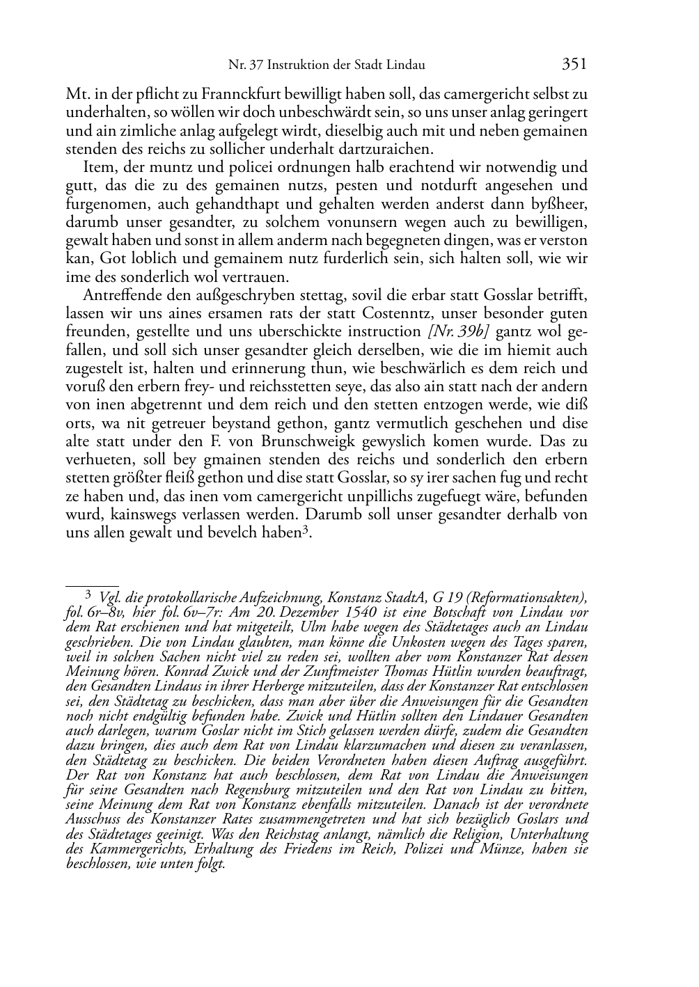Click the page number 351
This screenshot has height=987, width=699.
click(x=574, y=65)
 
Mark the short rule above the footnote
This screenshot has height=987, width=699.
click(x=92, y=587)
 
